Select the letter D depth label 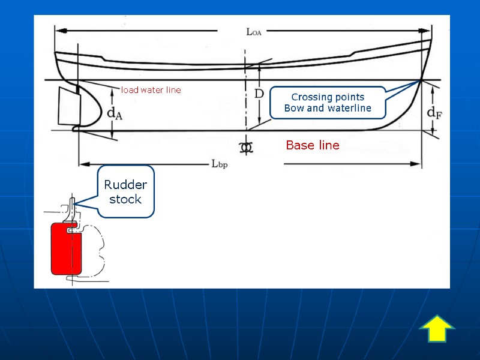(259, 94)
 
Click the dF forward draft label (434, 112)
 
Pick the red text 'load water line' (151, 90)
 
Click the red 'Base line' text (312, 145)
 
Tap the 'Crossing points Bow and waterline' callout (328, 103)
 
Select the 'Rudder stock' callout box (125, 191)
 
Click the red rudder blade (60, 248)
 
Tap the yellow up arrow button (437, 329)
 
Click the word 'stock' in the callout (125, 199)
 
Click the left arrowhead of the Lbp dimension (83, 163)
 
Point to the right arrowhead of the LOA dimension (428, 29)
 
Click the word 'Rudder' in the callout (125, 184)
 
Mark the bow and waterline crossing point (422, 80)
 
